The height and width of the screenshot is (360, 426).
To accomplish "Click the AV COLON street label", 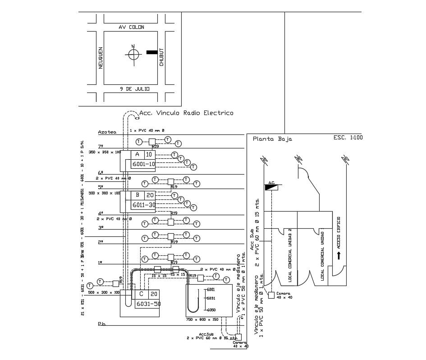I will point(131,28).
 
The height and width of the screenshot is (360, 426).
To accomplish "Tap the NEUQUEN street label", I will point(100,58).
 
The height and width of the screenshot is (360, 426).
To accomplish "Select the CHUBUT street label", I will point(161,58).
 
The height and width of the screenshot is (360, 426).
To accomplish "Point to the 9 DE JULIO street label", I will point(131,89).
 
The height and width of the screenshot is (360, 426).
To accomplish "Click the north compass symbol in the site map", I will point(133,54).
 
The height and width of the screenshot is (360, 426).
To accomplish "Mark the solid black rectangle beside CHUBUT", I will point(152,52).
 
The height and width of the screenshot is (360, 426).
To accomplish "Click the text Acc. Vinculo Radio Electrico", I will point(186,113).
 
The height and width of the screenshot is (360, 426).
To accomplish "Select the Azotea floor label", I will point(107,132).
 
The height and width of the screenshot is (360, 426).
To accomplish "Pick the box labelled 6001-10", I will point(143,165).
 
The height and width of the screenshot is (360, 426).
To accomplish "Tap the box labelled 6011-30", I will point(143,205).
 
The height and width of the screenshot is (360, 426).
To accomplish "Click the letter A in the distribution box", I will point(137,154).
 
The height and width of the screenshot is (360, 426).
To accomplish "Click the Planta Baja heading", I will point(272,139).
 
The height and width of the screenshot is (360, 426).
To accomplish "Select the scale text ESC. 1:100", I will point(348,138).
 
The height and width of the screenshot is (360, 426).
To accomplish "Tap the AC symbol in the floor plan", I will point(271,186).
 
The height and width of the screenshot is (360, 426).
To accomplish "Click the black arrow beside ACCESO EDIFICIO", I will point(338,256).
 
